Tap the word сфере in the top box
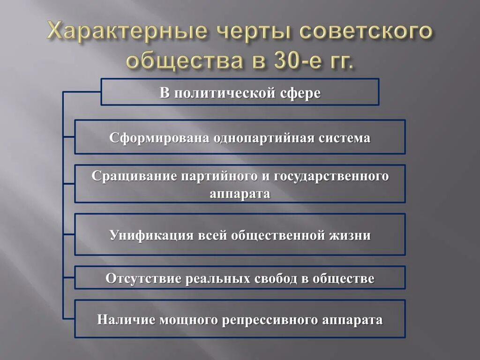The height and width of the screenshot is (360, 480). (300, 93)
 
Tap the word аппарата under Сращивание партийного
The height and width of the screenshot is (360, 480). (240, 193)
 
